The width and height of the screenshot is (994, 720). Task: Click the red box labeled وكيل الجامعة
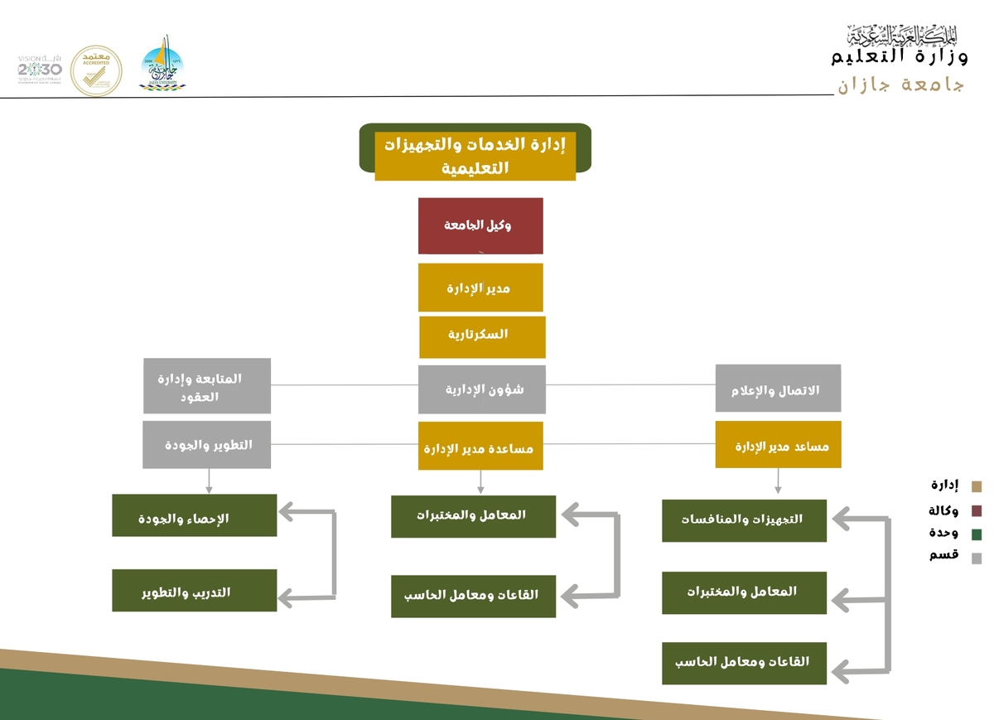tap(480, 225)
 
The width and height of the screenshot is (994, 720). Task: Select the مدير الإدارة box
tap(480, 288)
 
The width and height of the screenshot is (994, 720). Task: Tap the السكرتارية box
tap(482, 336)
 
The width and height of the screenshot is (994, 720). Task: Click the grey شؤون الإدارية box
tap(481, 389)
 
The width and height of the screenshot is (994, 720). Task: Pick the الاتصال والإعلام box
tap(778, 389)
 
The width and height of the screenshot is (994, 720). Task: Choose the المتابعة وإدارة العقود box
tap(207, 386)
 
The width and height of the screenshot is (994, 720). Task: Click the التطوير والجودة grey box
tap(206, 445)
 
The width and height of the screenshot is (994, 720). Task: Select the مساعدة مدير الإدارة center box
tap(480, 447)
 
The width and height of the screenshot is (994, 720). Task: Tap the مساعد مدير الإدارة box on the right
tap(778, 445)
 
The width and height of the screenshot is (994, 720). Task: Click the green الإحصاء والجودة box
tap(194, 515)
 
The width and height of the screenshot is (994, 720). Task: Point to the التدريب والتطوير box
tap(194, 590)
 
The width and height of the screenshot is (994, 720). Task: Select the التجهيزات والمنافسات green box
tap(744, 520)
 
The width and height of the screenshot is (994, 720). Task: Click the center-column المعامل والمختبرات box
tap(473, 516)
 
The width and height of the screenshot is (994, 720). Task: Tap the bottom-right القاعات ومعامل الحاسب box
tap(744, 663)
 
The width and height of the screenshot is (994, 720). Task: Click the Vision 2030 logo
tap(39, 70)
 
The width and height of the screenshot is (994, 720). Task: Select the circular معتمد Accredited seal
tap(96, 70)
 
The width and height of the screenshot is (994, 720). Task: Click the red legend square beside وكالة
tap(977, 510)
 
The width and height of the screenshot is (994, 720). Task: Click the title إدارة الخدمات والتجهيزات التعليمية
tap(475, 155)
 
